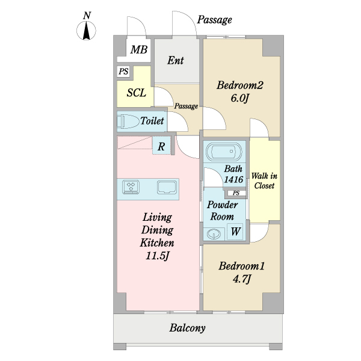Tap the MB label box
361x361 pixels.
[139, 50]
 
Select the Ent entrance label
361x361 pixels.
[176, 61]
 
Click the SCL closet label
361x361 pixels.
[136, 93]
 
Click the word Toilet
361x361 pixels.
[152, 121]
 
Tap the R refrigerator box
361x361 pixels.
[162, 146]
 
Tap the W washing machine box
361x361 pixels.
[235, 231]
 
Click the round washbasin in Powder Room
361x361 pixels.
[213, 233]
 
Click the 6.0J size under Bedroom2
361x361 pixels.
[240, 97]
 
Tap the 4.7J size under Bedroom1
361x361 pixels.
[241, 279]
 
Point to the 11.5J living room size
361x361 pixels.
[158, 257]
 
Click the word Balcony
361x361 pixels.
[187, 329]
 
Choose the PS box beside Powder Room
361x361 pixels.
[236, 193]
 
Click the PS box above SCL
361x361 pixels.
[124, 72]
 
